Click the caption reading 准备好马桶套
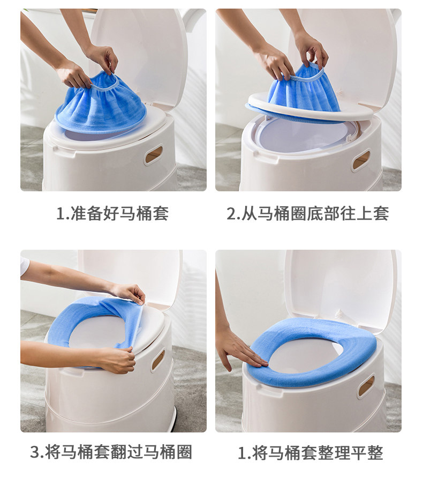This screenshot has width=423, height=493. (113, 214)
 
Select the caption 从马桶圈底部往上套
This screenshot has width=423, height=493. (308, 214)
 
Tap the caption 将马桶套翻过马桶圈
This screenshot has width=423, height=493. (111, 452)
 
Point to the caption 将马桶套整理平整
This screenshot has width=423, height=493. (311, 453)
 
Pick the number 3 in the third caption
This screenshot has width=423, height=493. (35, 452)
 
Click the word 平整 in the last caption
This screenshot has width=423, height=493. (368, 453)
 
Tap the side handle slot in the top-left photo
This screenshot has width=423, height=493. (154, 155)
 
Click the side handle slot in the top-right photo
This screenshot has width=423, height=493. (360, 160)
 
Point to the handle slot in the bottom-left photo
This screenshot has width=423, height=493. (158, 360)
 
